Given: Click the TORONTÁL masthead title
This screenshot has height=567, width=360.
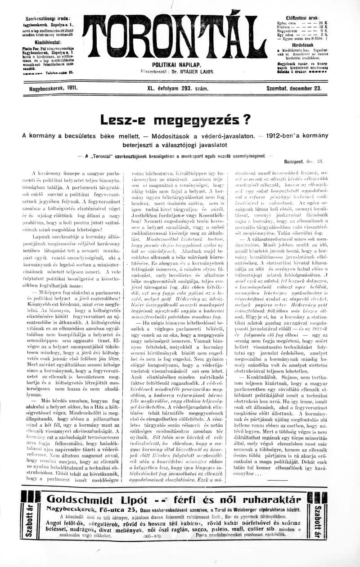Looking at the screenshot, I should [178, 39].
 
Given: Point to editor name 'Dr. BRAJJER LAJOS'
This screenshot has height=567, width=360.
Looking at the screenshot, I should [194, 71].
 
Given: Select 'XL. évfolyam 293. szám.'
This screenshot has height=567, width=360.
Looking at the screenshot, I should [177, 89].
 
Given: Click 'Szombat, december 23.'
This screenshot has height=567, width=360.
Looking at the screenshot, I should [294, 89].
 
